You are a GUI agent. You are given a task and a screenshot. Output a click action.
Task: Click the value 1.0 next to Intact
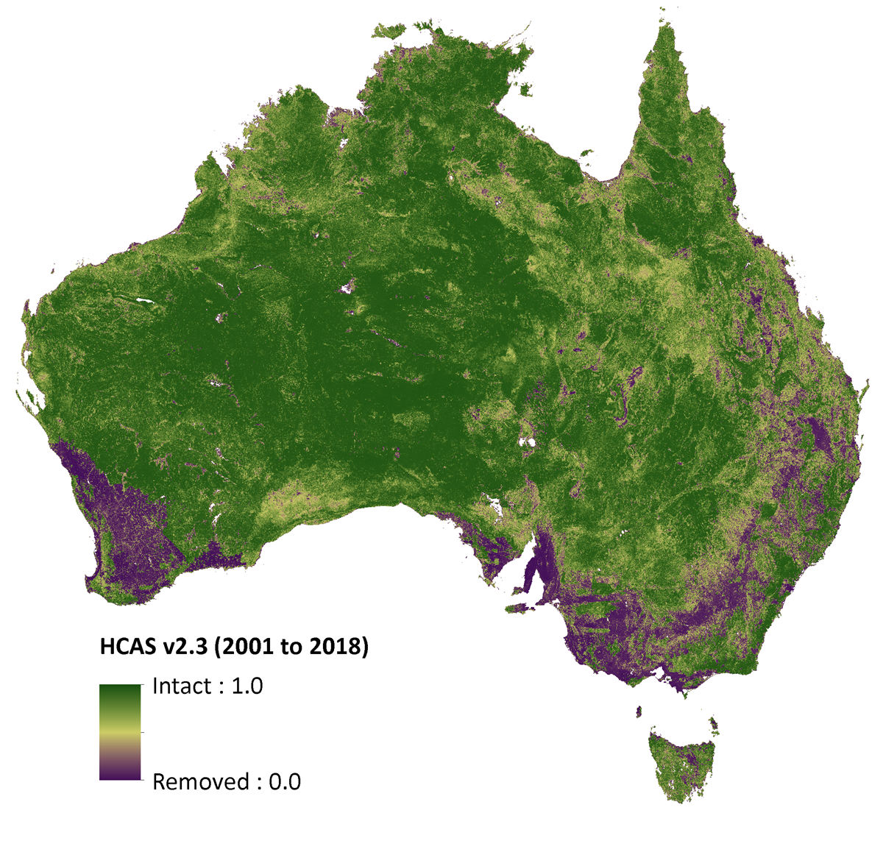pyautogui.click(x=247, y=686)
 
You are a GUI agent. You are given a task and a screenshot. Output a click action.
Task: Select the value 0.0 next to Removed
pyautogui.click(x=285, y=781)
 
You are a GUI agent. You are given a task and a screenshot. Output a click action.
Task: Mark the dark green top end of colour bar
pyautogui.click(x=120, y=690)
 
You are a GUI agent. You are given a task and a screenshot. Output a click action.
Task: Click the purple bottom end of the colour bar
pyautogui.click(x=120, y=774)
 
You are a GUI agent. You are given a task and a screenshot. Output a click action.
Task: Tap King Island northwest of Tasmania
pyautogui.click(x=639, y=711)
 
